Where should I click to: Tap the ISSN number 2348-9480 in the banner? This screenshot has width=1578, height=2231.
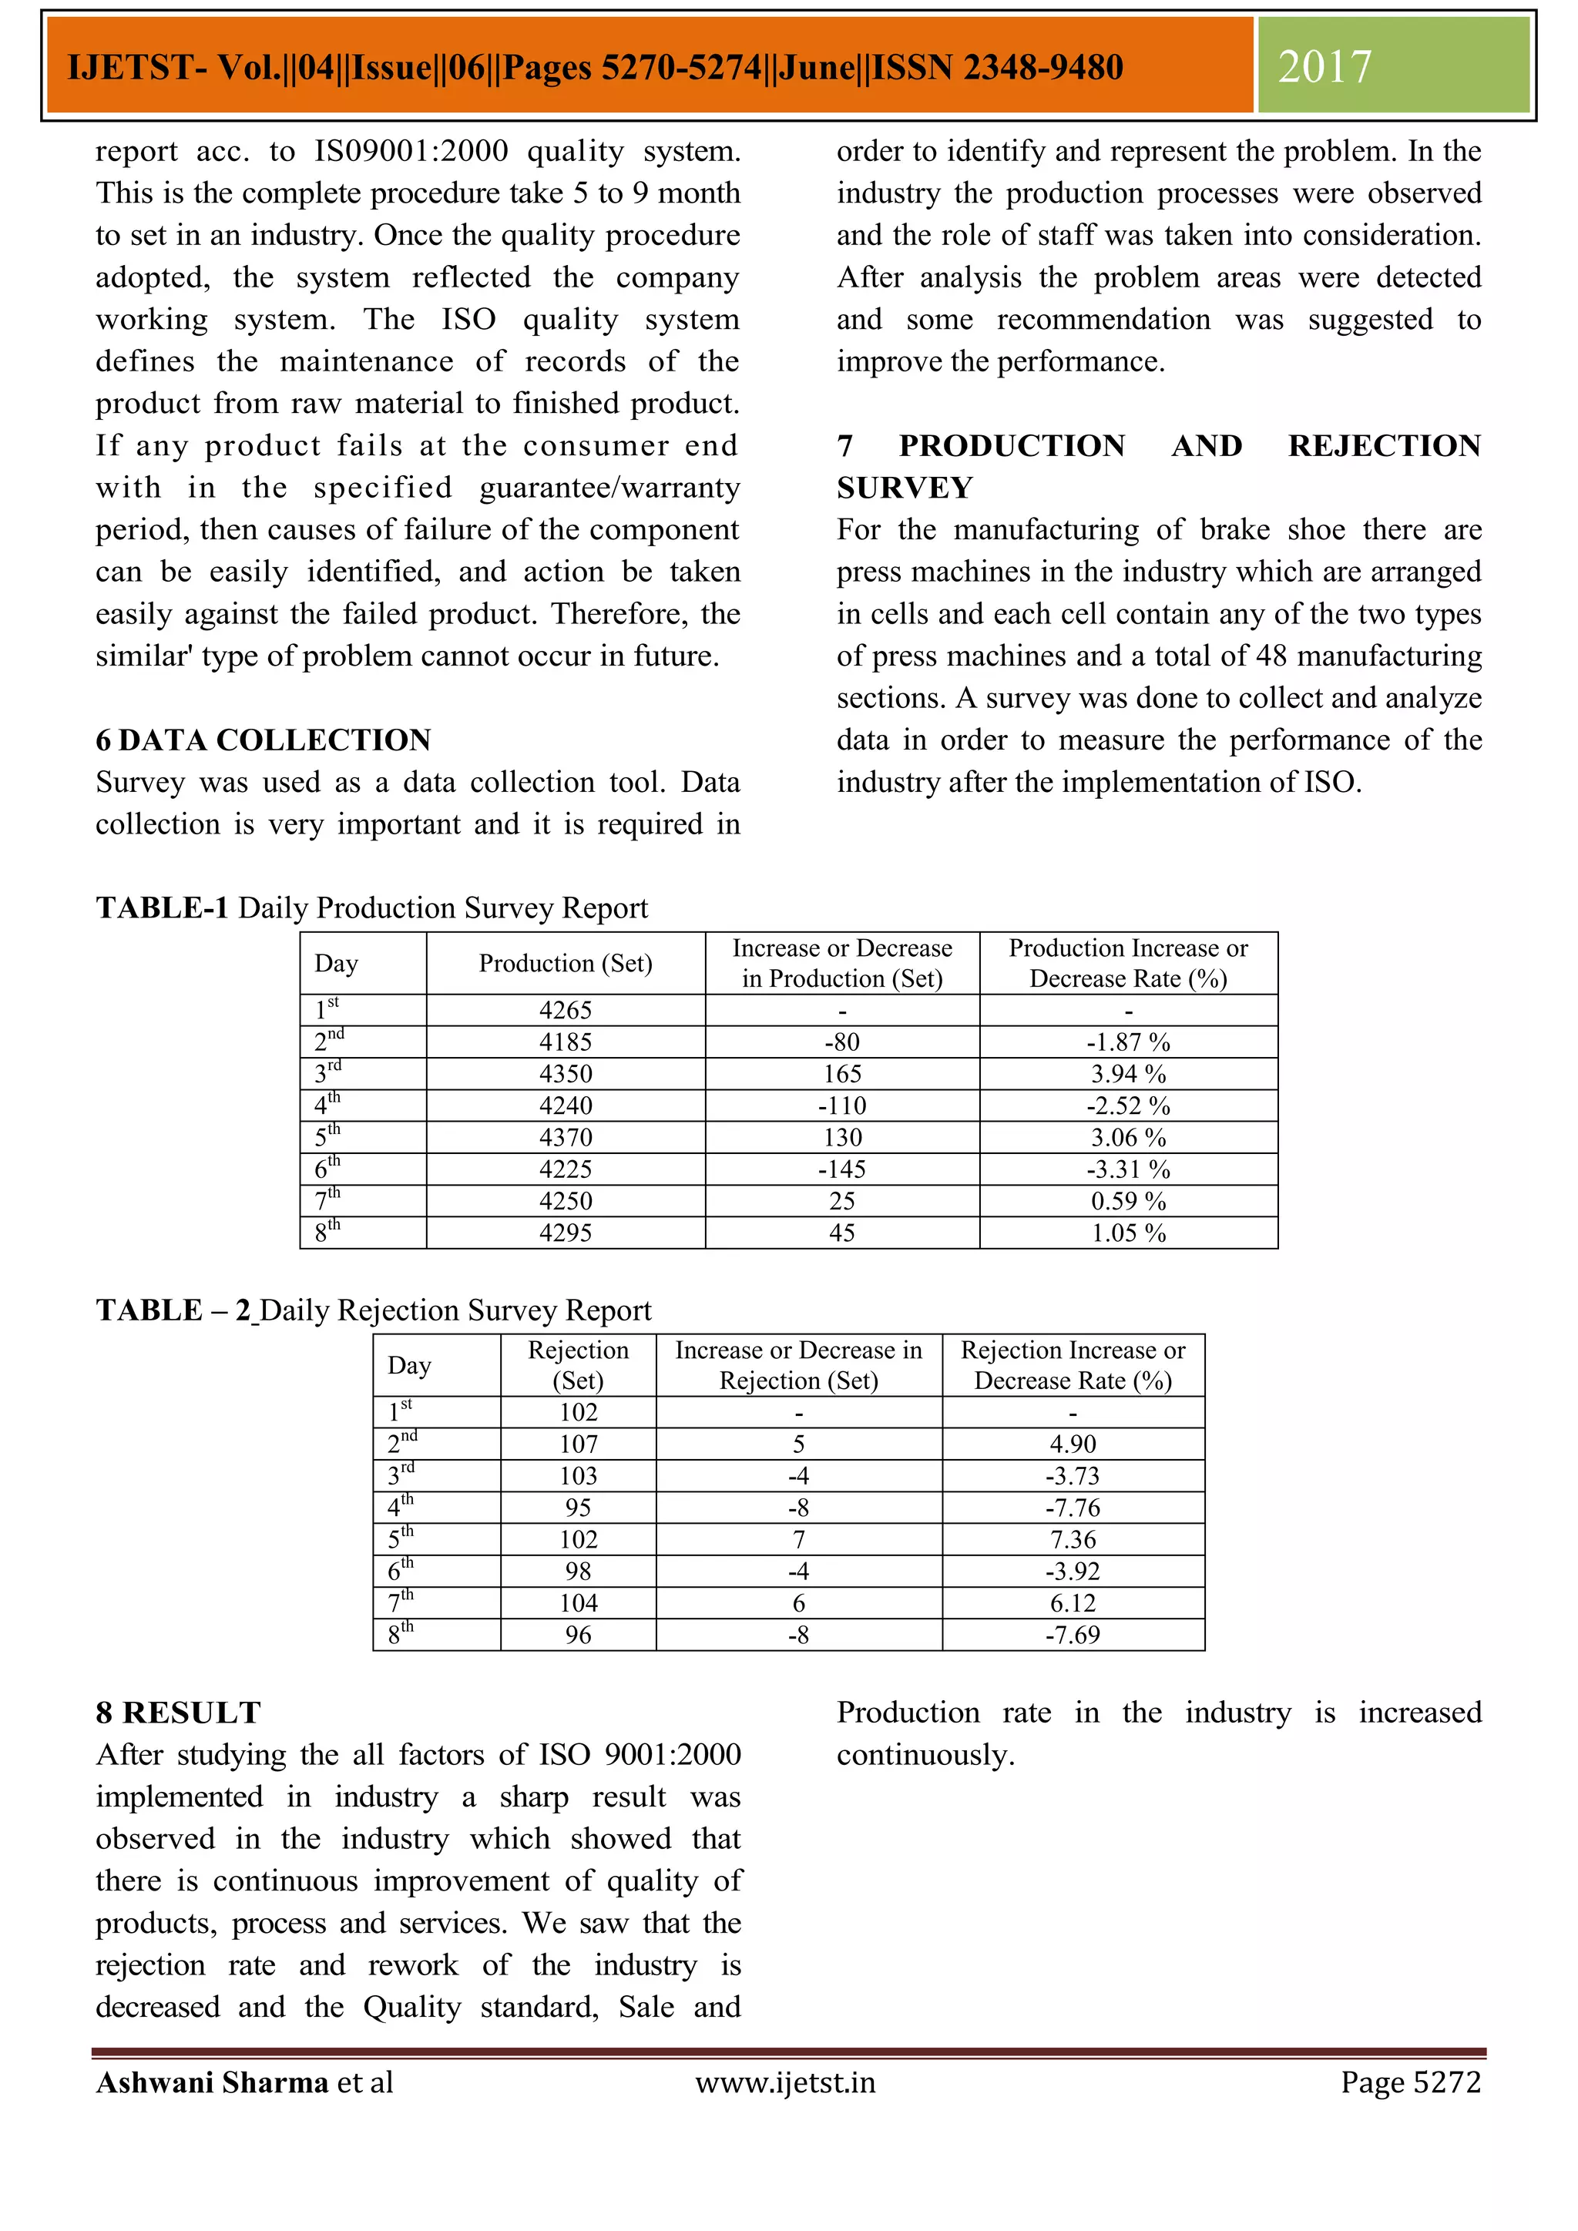[1042, 67]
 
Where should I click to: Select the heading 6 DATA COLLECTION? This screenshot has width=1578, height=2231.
[264, 740]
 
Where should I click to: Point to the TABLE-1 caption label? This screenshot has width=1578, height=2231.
[163, 907]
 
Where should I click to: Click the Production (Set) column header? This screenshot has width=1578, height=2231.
[565, 963]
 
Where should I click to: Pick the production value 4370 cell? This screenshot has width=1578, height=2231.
[565, 1137]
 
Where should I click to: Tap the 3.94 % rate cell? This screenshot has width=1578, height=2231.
[1127, 1074]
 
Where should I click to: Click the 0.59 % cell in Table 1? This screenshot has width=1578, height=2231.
[1127, 1201]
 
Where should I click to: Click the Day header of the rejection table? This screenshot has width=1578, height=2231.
[409, 1365]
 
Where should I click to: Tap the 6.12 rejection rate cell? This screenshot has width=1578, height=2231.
[1072, 1602]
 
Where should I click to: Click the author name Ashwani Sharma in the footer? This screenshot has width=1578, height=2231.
[212, 2082]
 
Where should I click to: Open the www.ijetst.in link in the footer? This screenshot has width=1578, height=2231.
[785, 2082]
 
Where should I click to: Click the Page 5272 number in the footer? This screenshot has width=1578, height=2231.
[1410, 2082]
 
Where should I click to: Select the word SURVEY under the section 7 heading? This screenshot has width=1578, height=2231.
[905, 487]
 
